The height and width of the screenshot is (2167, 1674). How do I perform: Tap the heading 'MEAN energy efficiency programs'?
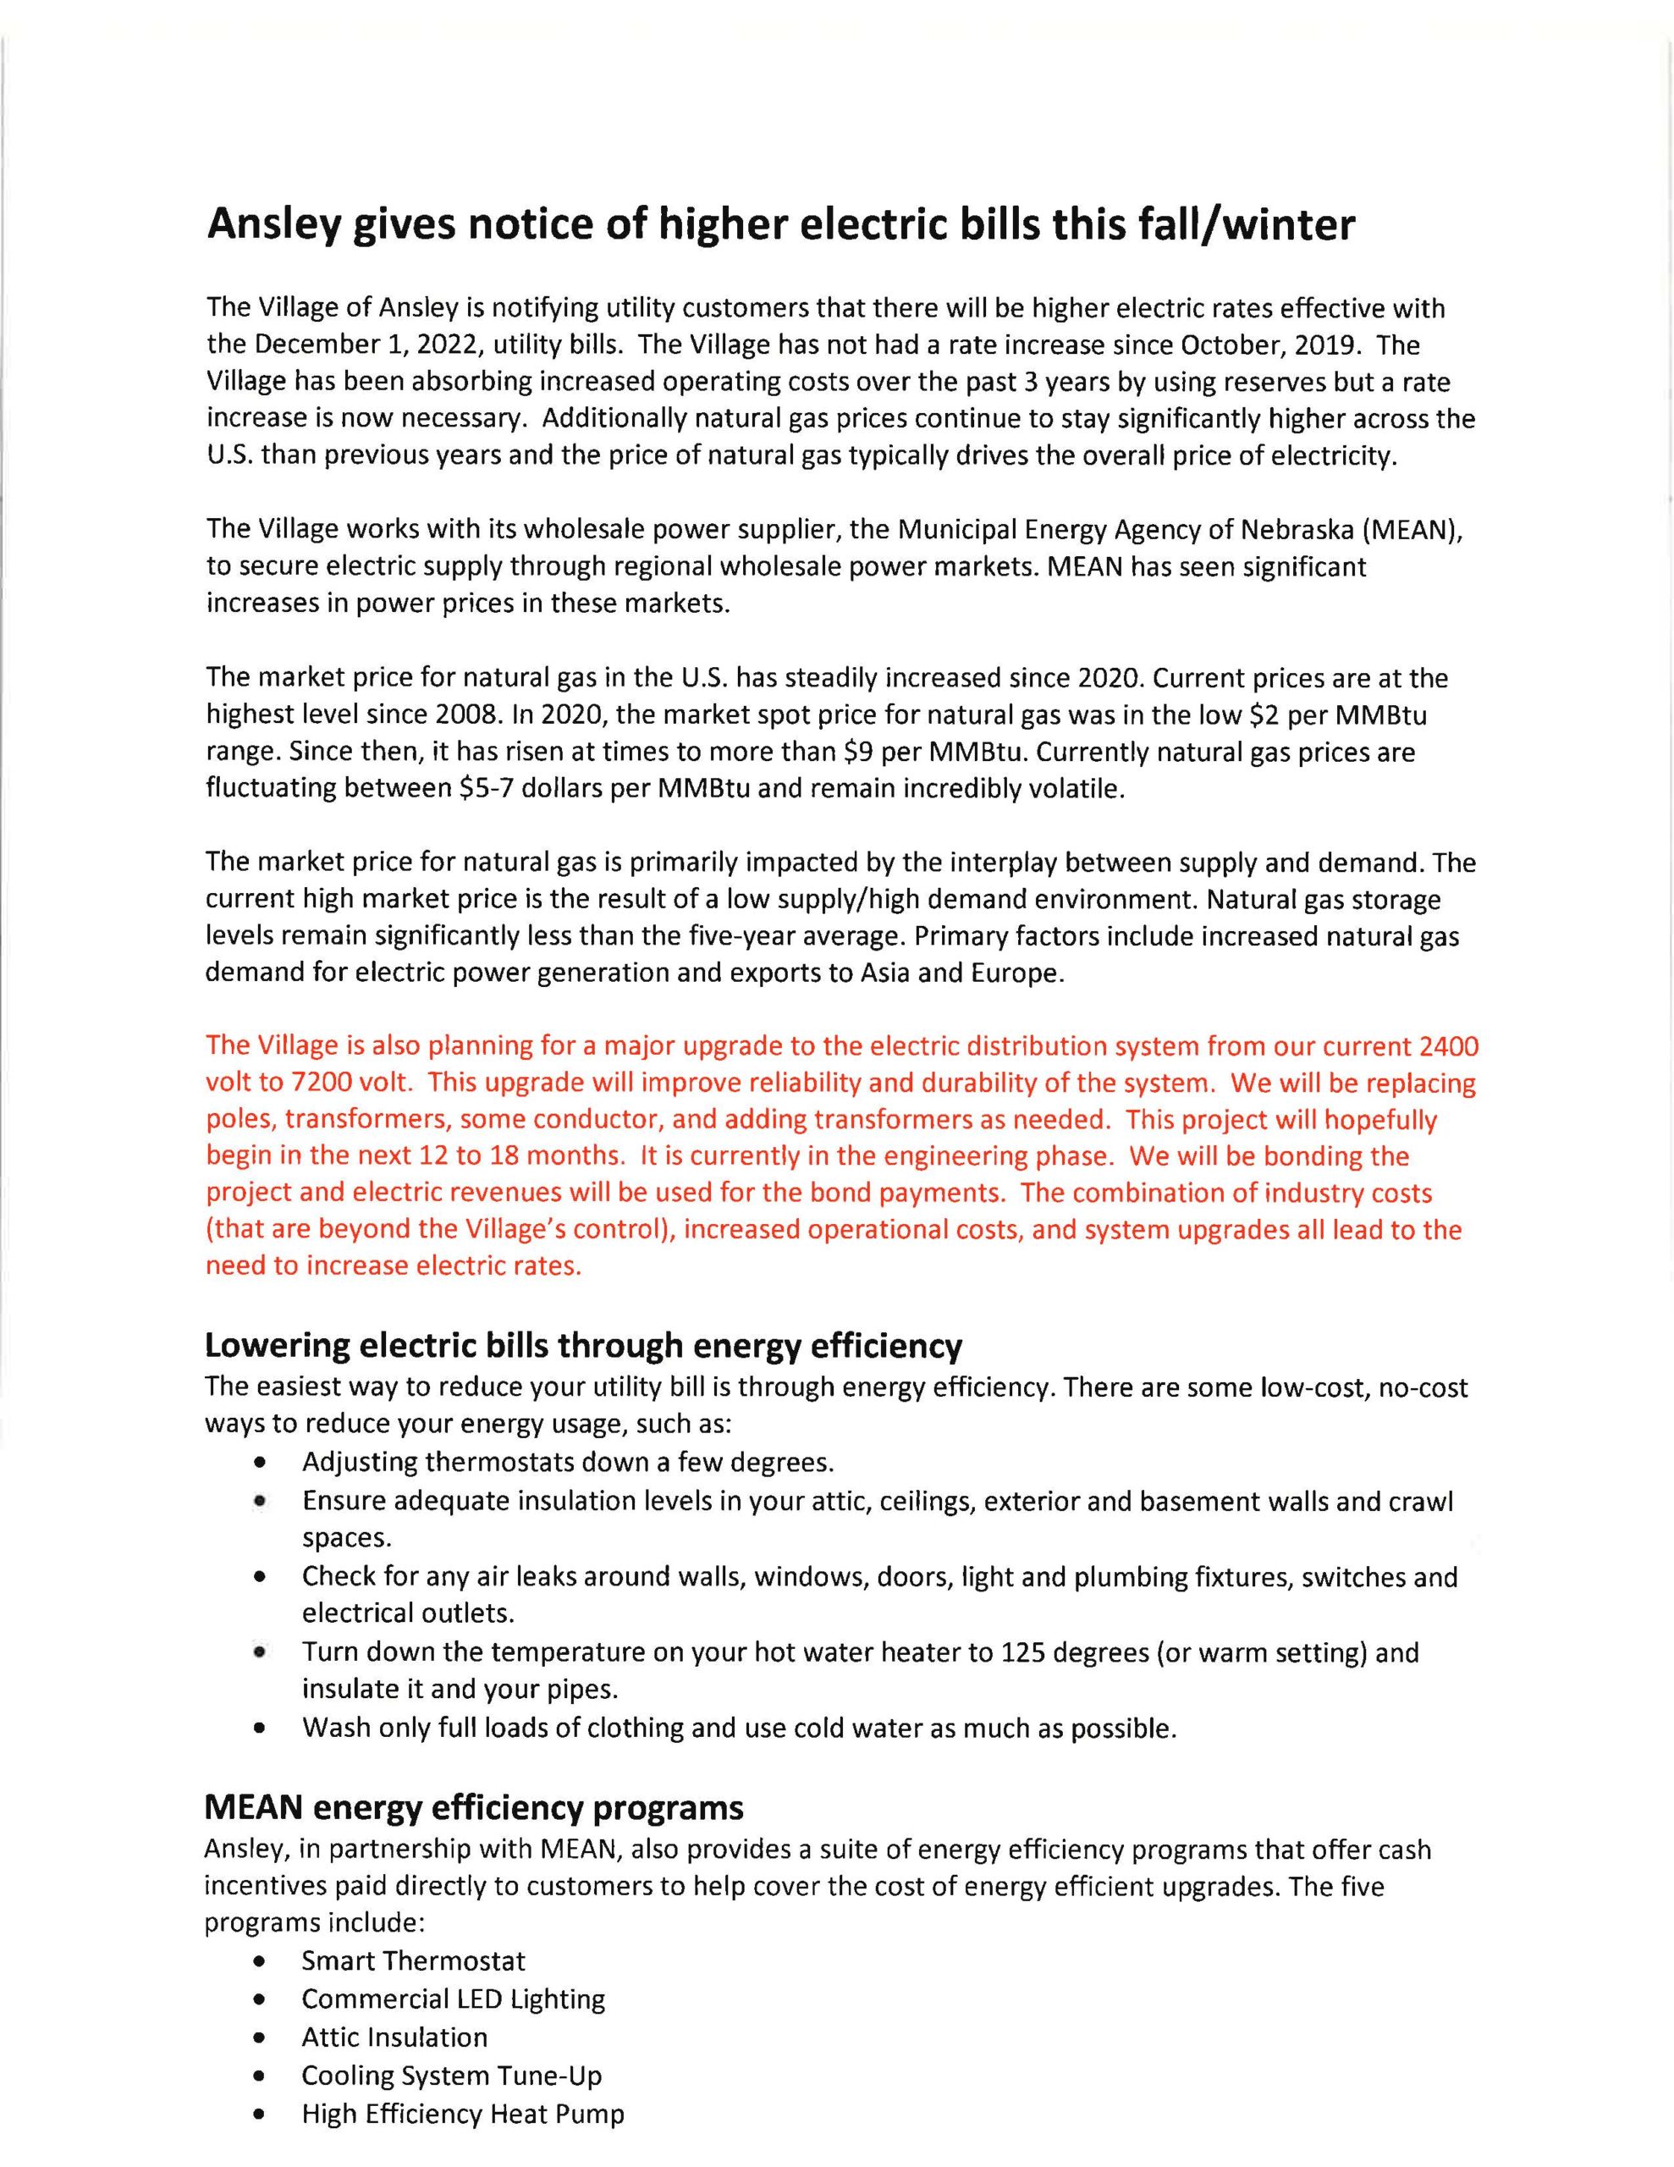(x=473, y=1808)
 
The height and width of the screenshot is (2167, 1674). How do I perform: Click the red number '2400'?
(x=1448, y=1047)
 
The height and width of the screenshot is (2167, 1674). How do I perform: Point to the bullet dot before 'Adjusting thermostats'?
(x=260, y=1464)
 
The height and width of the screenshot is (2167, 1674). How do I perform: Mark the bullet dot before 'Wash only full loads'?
(x=260, y=1729)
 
